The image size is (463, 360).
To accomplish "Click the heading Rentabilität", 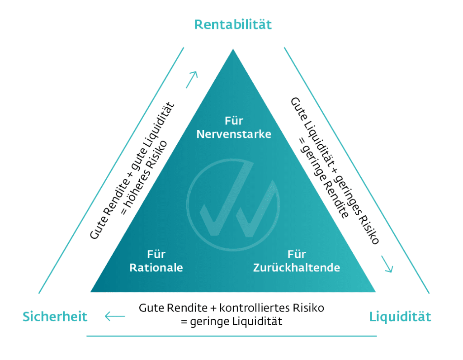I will point(233,24).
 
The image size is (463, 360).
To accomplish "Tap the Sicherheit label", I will point(55,317).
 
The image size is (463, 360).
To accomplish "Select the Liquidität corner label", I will point(400,317).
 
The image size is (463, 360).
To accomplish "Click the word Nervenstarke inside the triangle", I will point(234,134).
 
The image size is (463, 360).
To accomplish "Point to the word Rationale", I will point(156,268).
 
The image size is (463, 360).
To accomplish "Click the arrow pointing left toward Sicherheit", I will point(115,316).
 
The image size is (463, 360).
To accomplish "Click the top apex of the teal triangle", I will point(233,50).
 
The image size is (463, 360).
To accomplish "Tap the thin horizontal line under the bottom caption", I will point(231,336).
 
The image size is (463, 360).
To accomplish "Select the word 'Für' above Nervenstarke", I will point(234,121).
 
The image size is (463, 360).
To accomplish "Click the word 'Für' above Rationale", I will point(156,255).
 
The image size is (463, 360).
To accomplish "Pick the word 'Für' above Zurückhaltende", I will point(297,255).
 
